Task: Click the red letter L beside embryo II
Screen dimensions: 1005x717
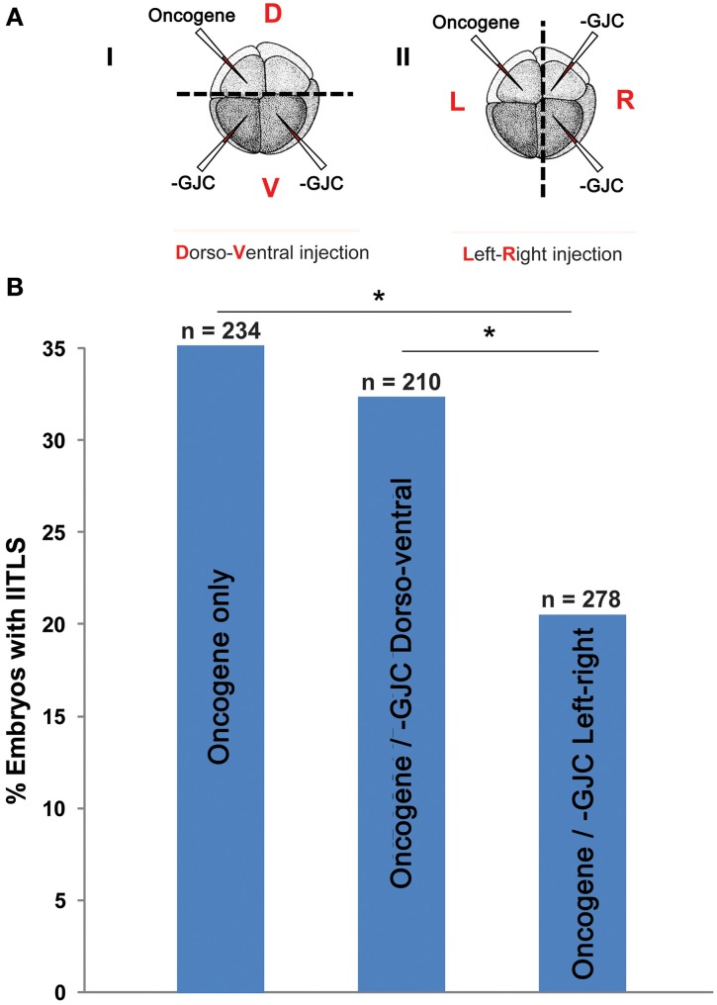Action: [x=458, y=103]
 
